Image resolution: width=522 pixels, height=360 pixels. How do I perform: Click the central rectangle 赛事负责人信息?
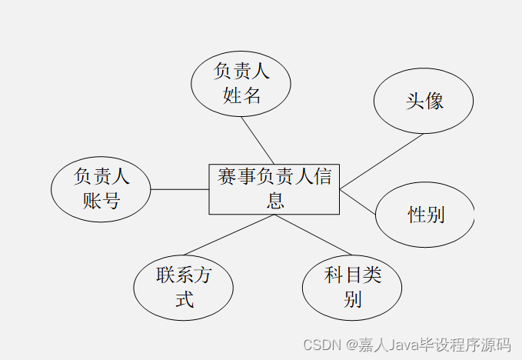coord(274,188)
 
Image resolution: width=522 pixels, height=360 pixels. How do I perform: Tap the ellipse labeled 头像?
coord(424,102)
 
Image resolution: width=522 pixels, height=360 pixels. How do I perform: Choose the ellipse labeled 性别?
coord(424,215)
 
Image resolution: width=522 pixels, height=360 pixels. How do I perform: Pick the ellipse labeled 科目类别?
coord(352,286)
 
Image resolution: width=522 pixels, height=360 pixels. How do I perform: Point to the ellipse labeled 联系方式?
coord(184,286)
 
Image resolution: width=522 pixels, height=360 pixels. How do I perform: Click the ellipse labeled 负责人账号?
coord(101,188)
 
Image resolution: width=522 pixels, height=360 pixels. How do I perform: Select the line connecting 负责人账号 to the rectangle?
coord(180,188)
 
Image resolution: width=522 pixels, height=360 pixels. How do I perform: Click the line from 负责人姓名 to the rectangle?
coord(257,139)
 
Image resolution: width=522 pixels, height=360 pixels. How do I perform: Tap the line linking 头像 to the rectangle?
coord(381,161)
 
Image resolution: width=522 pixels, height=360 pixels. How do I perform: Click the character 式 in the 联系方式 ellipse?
coord(184,298)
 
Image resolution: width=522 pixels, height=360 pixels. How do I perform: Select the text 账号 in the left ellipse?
coord(101,201)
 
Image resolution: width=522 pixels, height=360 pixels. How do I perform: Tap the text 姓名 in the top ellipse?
coord(241,95)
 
